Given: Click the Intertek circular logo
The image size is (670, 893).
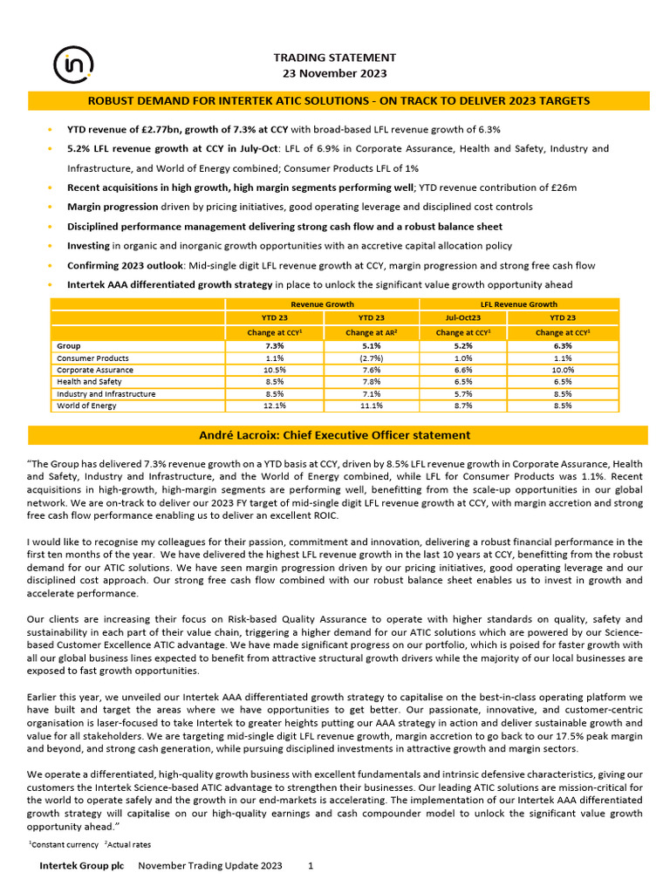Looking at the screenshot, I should [x=69, y=64].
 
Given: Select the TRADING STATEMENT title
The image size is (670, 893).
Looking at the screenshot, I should [x=335, y=58].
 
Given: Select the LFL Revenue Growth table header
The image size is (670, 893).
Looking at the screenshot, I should [x=519, y=304].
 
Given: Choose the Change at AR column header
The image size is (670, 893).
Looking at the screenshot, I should [x=372, y=332].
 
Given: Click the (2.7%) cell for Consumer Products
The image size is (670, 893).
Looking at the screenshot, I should [x=372, y=358].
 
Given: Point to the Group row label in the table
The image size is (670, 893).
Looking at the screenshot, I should [x=69, y=346].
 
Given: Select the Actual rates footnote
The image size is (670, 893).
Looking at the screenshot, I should [x=129, y=845].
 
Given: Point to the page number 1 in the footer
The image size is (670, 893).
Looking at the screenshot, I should [x=311, y=866].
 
